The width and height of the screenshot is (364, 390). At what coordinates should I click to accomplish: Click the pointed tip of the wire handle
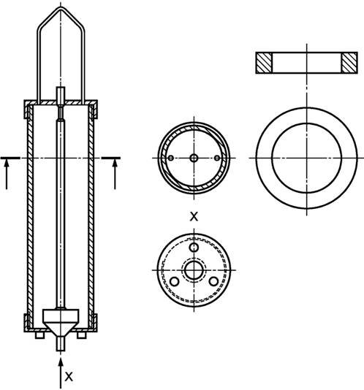[x=61, y=8]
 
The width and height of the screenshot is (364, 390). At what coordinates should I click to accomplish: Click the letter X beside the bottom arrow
[x=69, y=377]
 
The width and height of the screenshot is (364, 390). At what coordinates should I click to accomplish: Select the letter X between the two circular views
[x=194, y=217]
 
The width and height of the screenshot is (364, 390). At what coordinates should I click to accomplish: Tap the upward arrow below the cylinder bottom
[x=61, y=372]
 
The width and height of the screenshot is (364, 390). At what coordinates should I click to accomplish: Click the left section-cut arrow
[x=7, y=175]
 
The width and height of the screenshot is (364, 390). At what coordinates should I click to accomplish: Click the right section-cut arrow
[x=115, y=175]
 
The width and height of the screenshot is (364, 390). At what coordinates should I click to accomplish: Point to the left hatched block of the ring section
[x=264, y=63]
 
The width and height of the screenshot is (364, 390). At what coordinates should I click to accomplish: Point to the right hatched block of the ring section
[x=349, y=63]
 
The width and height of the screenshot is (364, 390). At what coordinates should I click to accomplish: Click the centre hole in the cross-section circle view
[x=194, y=158]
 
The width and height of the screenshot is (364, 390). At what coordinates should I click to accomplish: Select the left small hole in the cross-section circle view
[x=170, y=158]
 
